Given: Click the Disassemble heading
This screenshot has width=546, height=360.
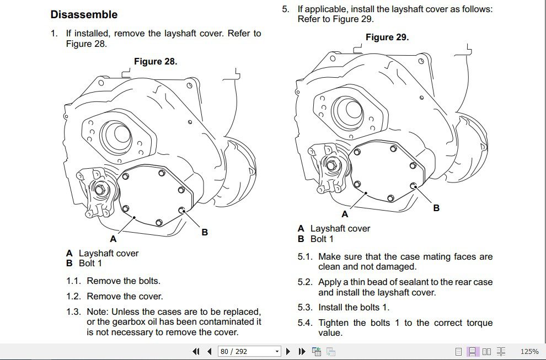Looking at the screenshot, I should point(84,14).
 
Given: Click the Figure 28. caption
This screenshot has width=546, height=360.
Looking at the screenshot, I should point(156,62).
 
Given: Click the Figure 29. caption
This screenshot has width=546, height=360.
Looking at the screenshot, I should point(387,37).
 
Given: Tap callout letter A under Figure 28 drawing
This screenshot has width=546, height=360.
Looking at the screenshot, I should point(113,239).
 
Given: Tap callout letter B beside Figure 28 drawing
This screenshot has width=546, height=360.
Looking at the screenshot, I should point(205,232).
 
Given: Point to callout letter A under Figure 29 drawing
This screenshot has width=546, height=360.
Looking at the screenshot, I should point(345,214).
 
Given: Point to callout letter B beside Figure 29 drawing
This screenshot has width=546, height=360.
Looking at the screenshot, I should point(436,208).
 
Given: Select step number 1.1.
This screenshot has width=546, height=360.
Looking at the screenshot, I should point(73,281).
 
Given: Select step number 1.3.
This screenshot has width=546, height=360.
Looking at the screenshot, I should point(73,312).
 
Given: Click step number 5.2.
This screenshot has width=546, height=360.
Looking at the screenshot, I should point(305,282).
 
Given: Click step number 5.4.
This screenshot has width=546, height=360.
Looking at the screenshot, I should point(305,323).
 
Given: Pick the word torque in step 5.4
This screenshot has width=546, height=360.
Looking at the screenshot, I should point(477,323).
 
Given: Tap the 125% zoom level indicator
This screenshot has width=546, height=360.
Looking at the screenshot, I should point(529,351).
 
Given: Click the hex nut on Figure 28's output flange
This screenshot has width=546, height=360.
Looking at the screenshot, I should point(100,190).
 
